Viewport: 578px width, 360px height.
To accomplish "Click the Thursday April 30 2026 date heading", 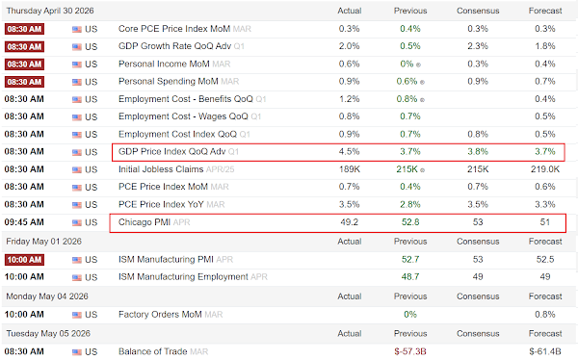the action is (x=50, y=11).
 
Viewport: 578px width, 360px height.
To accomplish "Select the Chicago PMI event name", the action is (x=144, y=222).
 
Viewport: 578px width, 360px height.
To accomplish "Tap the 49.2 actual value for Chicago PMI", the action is (x=349, y=222).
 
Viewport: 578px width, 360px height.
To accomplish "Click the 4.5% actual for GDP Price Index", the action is (x=349, y=151).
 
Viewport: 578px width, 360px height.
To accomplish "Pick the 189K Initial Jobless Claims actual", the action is (x=350, y=169).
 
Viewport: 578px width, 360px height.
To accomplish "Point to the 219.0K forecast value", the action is (x=545, y=169).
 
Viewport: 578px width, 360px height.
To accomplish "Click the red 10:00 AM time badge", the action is (x=24, y=260).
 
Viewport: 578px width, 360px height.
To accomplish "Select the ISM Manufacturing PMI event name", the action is (x=166, y=259).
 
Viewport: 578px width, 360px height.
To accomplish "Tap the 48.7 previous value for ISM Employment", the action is (x=410, y=276).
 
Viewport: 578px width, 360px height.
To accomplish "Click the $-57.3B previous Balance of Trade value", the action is (x=410, y=351).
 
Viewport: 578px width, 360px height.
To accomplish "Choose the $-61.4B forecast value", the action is (x=545, y=351).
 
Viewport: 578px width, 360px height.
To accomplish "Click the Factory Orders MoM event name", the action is (x=160, y=315).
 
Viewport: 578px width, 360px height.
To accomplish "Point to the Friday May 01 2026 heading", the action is (x=44, y=242).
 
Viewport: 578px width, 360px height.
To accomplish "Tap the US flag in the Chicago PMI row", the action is (x=77, y=222).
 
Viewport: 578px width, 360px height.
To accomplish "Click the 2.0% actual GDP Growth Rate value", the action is (x=349, y=46).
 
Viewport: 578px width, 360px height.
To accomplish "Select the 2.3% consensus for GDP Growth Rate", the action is (x=478, y=46).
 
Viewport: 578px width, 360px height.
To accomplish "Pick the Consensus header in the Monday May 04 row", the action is (x=478, y=296).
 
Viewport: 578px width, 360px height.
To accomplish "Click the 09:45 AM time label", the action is (x=24, y=222).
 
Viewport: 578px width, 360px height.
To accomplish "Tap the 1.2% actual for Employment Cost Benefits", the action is (x=349, y=99).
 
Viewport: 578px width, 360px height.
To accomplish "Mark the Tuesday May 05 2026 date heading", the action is (x=48, y=333).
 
